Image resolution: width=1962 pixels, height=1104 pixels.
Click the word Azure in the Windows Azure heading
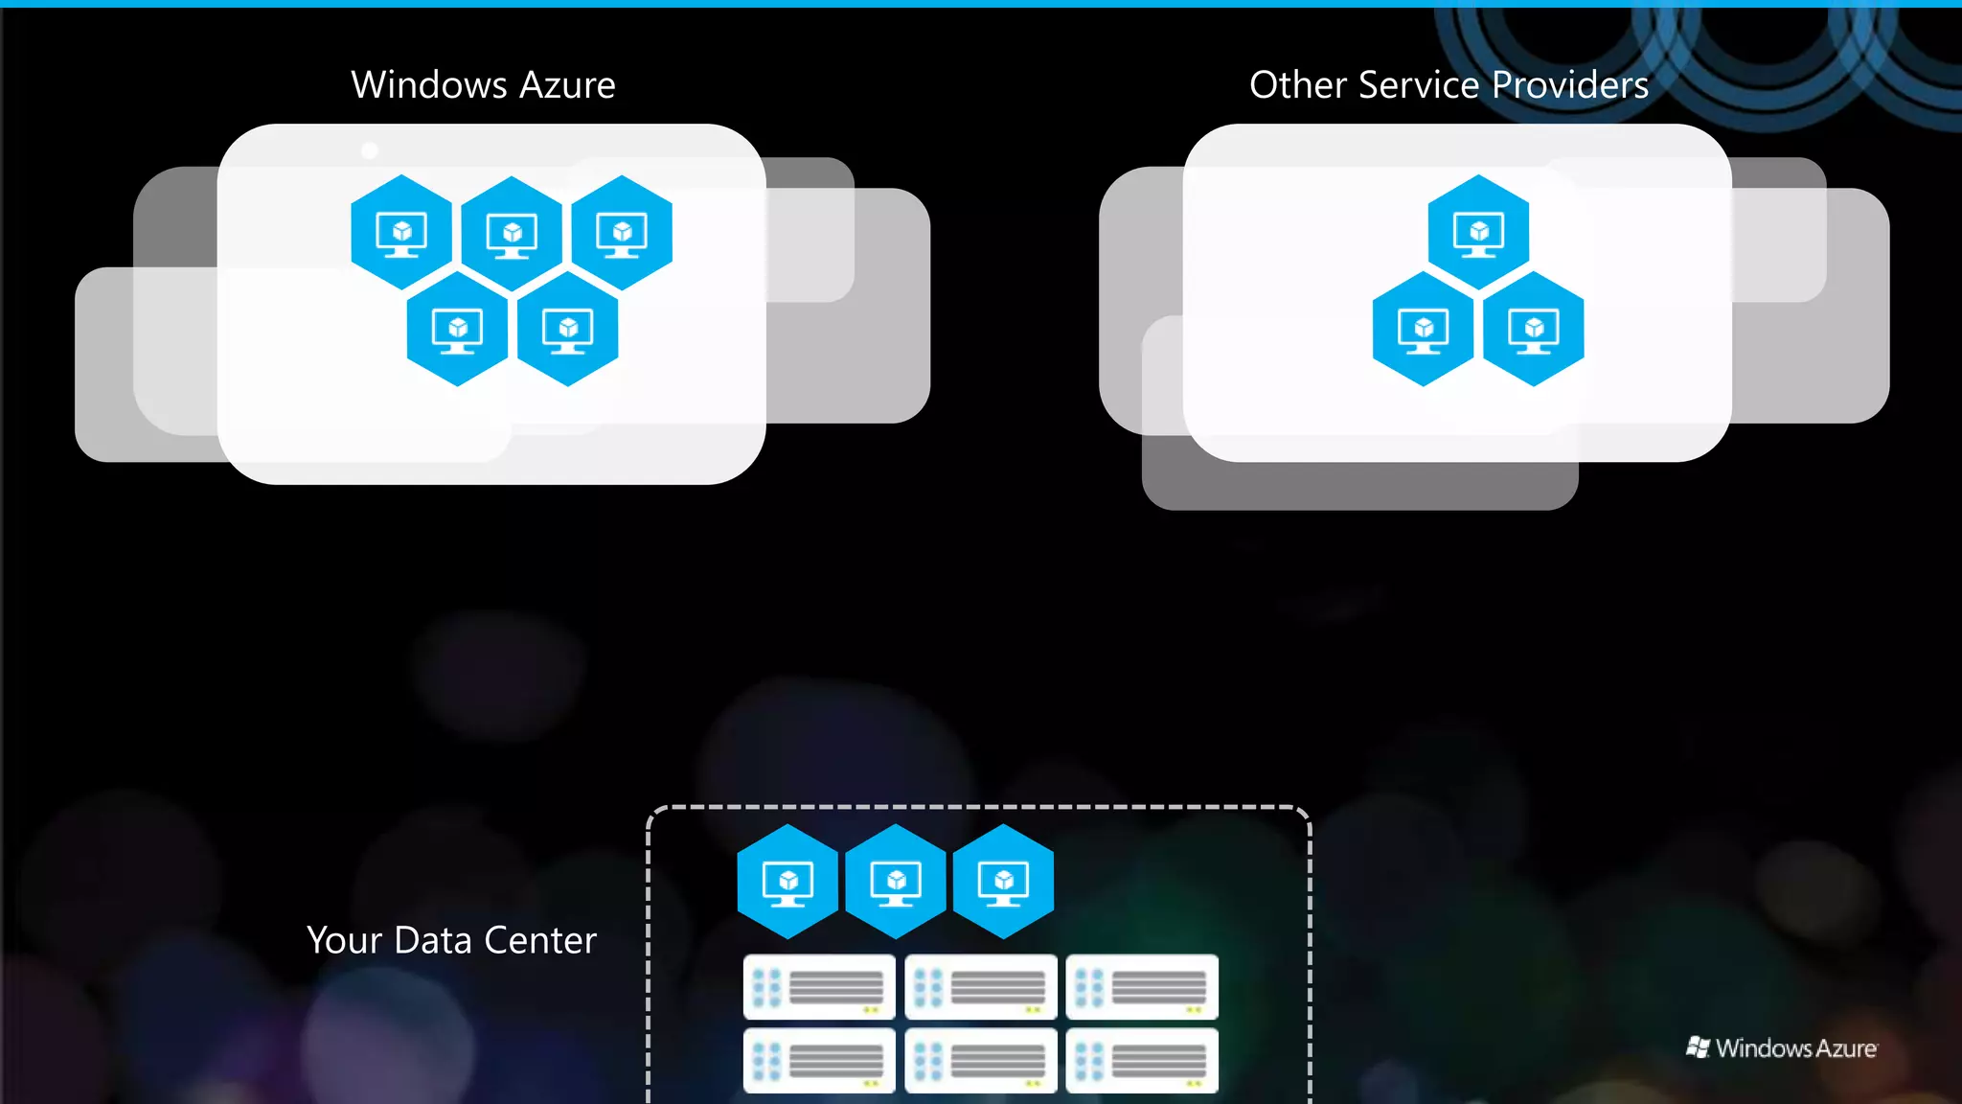point(567,85)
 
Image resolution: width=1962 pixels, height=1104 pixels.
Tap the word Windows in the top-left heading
point(428,85)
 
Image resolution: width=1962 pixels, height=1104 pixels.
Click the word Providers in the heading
point(1570,85)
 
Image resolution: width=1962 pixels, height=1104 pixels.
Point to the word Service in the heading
point(1420,85)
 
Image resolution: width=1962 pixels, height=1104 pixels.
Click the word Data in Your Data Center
point(433,940)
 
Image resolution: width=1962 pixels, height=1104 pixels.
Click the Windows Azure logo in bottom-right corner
point(1782,1047)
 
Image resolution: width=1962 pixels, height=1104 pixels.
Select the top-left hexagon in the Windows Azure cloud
point(401,232)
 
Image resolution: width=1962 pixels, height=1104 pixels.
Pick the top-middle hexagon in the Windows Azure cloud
point(512,233)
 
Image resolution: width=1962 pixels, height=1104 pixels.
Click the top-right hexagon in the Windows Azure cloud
point(622,232)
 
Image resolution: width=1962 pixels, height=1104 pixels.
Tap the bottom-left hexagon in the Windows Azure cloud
point(457,329)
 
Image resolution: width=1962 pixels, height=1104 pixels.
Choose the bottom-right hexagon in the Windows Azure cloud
point(567,329)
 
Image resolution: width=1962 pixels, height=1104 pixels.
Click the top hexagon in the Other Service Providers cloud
point(1478,232)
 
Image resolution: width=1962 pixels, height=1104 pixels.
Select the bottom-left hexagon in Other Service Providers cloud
point(1423,329)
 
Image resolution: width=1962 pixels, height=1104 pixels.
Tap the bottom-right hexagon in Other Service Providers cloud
point(1533,329)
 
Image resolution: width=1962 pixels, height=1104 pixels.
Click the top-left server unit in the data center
point(819,987)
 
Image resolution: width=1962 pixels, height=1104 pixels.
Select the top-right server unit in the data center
point(1142,987)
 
